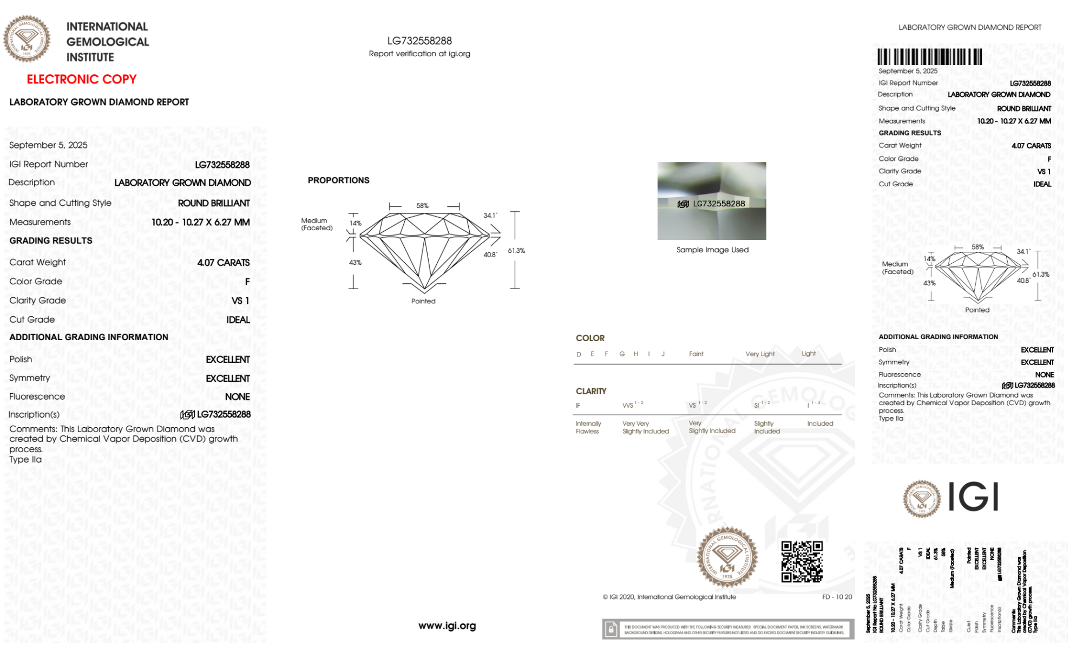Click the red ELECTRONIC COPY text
click(x=82, y=79)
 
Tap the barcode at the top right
click(x=929, y=57)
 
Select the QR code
click(x=802, y=562)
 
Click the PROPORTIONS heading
click(x=338, y=180)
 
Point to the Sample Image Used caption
click(x=712, y=250)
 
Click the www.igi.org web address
click(x=447, y=626)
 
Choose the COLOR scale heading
click(x=590, y=338)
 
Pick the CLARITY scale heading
click(x=591, y=391)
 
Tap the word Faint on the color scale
click(x=696, y=354)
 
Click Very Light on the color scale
click(x=760, y=354)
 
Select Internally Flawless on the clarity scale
click(x=588, y=427)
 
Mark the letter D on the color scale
click(x=579, y=354)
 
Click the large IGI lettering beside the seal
click(x=973, y=497)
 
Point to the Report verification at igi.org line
click(x=419, y=54)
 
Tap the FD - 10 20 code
click(x=837, y=597)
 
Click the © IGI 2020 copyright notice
click(x=669, y=597)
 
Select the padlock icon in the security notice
click(x=611, y=629)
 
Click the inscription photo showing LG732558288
click(x=712, y=201)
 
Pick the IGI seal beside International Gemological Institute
click(x=27, y=38)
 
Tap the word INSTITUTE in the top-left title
click(x=90, y=57)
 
